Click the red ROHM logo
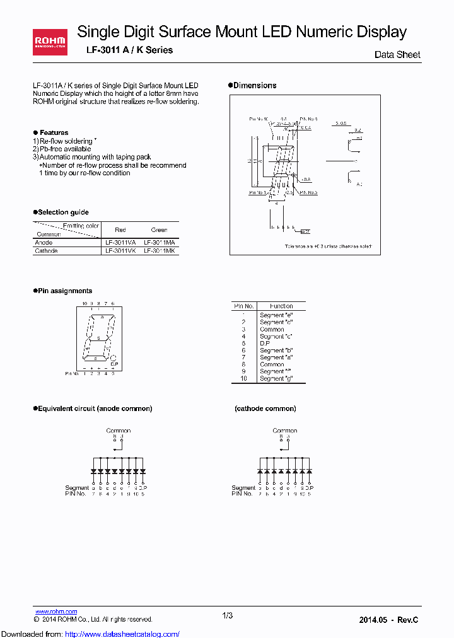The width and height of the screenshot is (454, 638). coord(50,42)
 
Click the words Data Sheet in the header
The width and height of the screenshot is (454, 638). coord(397,55)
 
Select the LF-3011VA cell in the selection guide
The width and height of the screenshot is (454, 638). coord(120,242)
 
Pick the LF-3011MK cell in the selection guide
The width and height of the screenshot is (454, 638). coord(160,251)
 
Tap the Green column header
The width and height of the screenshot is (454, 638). coord(160,229)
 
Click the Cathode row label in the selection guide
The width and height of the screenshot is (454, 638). coord(46,251)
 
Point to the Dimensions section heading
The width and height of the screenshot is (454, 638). coord(254,85)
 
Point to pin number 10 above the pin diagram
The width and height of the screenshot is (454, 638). coord(83,303)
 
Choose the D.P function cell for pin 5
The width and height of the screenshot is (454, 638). coord(264,343)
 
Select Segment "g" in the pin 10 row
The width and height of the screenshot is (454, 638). coord(276,378)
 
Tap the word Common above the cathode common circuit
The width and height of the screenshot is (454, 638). coord(285,431)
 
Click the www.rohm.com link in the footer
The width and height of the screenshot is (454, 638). coord(56,612)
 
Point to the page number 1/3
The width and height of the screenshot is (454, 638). coord(228,615)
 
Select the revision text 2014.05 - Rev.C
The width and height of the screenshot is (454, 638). coord(388,620)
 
